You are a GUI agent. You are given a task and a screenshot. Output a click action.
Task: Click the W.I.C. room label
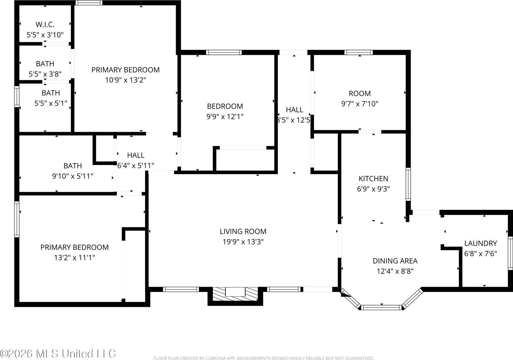45,24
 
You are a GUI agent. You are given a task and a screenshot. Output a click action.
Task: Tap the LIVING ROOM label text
243,231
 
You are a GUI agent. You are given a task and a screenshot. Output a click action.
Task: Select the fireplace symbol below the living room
235,293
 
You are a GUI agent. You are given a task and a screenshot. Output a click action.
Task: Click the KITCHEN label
373,179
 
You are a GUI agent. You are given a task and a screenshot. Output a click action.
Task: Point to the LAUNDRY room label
481,243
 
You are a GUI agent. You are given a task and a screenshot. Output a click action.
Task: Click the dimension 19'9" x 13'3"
243,242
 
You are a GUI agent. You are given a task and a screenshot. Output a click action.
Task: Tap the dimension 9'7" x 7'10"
359,104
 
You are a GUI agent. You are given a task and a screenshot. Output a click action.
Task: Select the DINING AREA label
395,261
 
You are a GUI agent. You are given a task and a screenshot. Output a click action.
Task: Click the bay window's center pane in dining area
381,307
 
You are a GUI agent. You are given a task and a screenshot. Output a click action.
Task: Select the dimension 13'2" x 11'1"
74,257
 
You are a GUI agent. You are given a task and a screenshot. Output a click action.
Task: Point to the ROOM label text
359,94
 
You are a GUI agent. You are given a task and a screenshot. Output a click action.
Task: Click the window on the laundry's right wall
510,253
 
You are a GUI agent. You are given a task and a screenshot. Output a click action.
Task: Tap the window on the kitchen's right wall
408,184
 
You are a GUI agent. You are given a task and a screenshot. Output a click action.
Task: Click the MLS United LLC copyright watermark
58,354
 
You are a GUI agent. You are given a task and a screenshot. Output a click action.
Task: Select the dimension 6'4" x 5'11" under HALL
136,166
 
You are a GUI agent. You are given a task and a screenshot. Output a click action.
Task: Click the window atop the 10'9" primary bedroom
89,3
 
